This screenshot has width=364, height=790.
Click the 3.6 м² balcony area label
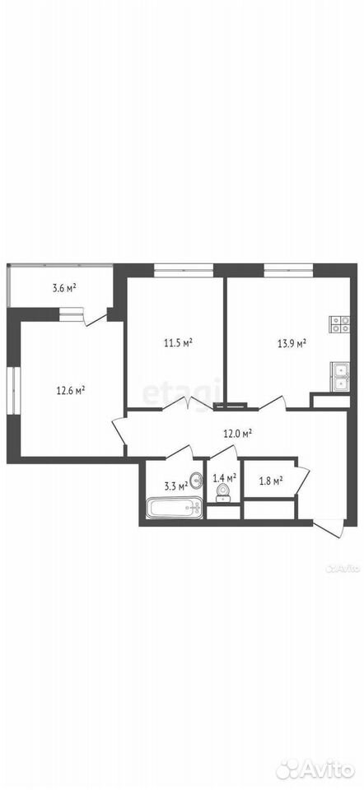tap(64, 288)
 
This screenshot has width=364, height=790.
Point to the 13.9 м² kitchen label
tap(292, 344)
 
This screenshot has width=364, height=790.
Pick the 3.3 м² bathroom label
tap(176, 486)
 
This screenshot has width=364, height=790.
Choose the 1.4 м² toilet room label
tap(225, 476)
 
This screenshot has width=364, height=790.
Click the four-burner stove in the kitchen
tap(340, 324)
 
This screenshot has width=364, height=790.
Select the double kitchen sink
tap(340, 377)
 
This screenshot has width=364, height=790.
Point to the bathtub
tap(175, 508)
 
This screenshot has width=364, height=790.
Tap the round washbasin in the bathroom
tap(197, 479)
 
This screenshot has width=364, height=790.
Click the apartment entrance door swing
tap(329, 529)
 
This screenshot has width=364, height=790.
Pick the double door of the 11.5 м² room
tap(188, 402)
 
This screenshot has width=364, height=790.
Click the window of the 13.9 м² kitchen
tap(288, 270)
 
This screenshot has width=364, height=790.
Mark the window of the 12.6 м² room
tap(13, 390)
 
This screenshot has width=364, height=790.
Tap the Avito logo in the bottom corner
tap(318, 768)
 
